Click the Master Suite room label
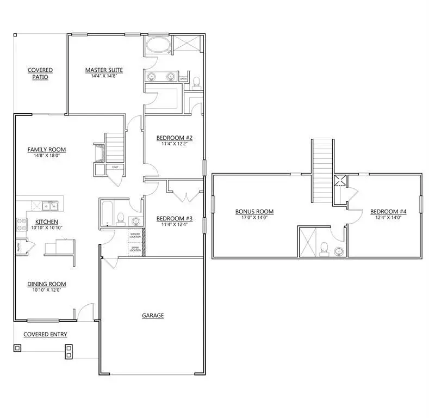click(x=103, y=70)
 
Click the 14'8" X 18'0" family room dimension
click(x=47, y=156)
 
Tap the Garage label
click(x=153, y=315)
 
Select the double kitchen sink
click(x=47, y=206)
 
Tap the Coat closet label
click(x=115, y=167)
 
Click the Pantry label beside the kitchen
click(x=19, y=247)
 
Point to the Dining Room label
click(x=47, y=284)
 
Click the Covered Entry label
click(x=45, y=334)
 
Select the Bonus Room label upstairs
click(x=254, y=211)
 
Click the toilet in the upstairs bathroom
click(x=324, y=248)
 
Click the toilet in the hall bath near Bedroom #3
click(x=121, y=220)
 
